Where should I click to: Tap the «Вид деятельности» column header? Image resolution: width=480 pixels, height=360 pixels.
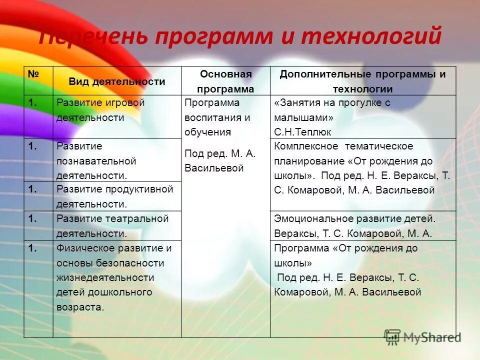click(116, 82)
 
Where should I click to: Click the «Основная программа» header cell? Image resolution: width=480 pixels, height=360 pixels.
click(225, 81)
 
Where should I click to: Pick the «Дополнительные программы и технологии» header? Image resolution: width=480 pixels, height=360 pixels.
click(362, 81)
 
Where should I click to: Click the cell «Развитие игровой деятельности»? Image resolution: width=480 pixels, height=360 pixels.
click(100, 110)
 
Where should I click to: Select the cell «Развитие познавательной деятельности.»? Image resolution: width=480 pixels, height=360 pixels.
click(96, 161)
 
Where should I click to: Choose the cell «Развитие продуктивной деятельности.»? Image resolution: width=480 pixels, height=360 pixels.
click(114, 196)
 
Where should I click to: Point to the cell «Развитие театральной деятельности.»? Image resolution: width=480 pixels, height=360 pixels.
click(112, 225)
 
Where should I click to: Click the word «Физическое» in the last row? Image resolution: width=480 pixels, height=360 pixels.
click(82, 248)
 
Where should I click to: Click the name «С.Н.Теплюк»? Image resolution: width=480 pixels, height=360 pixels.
click(303, 132)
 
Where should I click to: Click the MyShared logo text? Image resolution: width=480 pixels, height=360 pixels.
click(432, 337)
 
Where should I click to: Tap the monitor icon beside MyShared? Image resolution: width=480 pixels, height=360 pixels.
click(392, 336)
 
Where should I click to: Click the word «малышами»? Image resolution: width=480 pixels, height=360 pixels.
click(303, 118)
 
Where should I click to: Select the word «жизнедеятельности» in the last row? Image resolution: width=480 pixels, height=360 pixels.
click(105, 277)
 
